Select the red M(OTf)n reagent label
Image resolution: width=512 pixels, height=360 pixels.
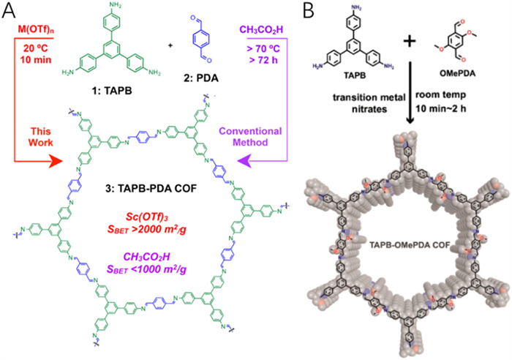click(37, 29)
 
